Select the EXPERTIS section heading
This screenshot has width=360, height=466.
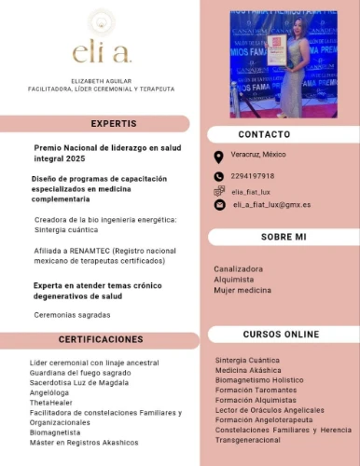pyautogui.click(x=113, y=123)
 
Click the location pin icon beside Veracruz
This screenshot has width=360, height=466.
pyautogui.click(x=218, y=156)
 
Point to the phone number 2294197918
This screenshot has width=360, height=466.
pyautogui.click(x=253, y=176)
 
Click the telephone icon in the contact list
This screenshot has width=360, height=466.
pyautogui.click(x=218, y=176)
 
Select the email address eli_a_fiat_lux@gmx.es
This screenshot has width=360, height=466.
pyautogui.click(x=271, y=204)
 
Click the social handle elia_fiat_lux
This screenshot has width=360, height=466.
pyautogui.click(x=251, y=191)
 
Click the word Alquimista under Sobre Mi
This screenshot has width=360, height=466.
pyautogui.click(x=232, y=280)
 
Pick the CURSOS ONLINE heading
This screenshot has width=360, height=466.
pyautogui.click(x=280, y=334)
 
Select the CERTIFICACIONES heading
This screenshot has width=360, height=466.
pyautogui.click(x=101, y=339)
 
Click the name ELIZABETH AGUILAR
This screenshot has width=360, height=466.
pyautogui.click(x=101, y=82)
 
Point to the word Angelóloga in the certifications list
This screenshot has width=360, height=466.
pyautogui.click(x=51, y=392)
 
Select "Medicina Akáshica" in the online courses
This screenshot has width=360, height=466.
pyautogui.click(x=248, y=370)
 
